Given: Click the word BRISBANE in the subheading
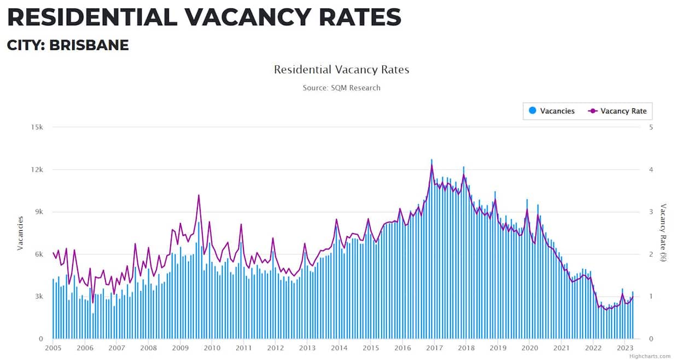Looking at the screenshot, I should (89, 45).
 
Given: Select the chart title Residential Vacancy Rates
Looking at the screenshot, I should (341, 70).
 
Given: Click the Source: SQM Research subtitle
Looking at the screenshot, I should (341, 88).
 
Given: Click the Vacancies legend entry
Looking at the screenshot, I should (552, 111).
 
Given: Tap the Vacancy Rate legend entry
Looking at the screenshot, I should (617, 111).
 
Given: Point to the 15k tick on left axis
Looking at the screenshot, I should (37, 127).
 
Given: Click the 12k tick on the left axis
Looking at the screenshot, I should (37, 170).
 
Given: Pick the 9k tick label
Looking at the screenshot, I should (38, 212).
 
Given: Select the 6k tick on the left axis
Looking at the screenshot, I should (38, 254).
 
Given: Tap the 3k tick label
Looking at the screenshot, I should (38, 297).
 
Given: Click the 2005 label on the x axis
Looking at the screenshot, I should (53, 348).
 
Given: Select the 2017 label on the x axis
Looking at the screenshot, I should (434, 348).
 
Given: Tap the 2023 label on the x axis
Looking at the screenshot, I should (625, 348).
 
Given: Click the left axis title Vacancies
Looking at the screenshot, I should (21, 233).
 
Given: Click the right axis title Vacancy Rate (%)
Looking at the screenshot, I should (663, 233).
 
